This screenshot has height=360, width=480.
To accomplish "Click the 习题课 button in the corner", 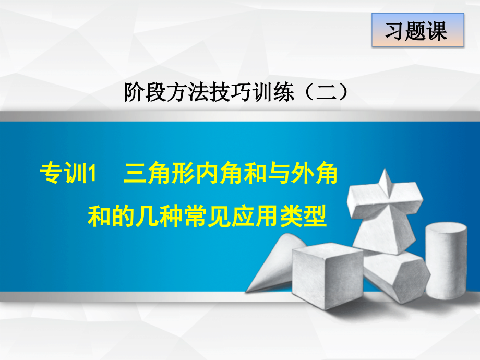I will point(417,31).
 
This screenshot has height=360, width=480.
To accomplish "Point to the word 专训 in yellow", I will point(62,174).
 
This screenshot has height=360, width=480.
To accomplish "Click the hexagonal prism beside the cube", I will point(394,277).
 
